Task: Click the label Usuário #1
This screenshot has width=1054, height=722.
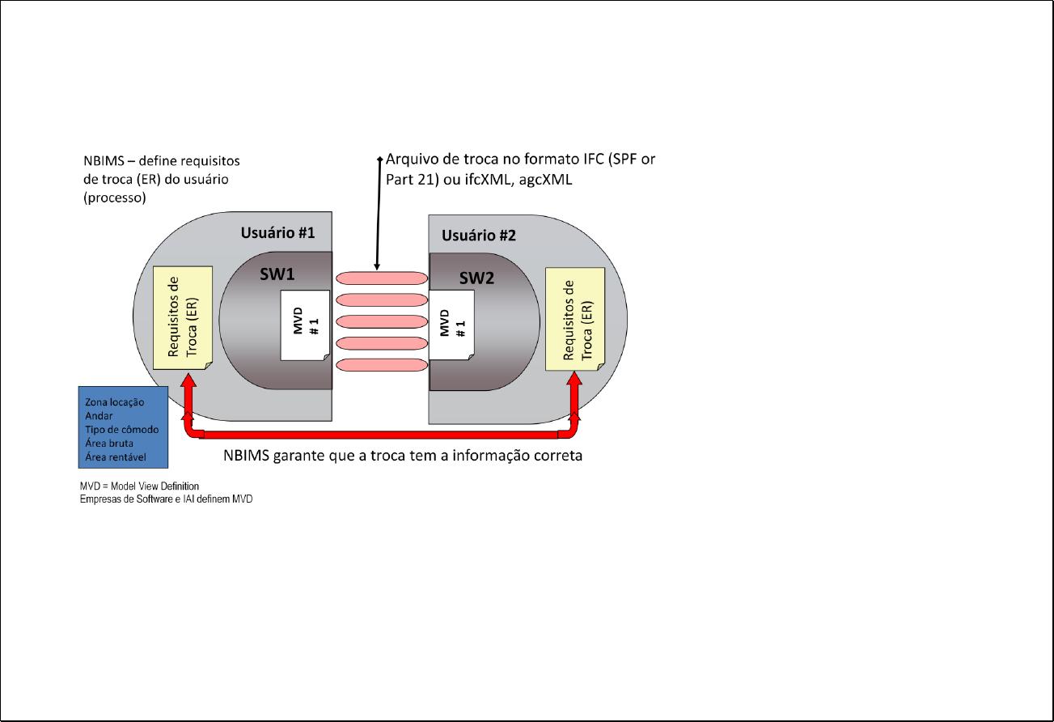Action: [277, 233]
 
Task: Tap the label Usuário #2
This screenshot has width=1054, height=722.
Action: [478, 236]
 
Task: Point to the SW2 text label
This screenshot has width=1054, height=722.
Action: [477, 278]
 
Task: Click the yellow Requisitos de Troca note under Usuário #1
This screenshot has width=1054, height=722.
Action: [183, 317]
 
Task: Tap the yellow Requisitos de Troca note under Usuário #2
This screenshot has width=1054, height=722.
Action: [575, 320]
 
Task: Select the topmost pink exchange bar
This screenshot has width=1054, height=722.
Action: [381, 278]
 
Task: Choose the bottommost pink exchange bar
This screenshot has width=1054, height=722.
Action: [381, 365]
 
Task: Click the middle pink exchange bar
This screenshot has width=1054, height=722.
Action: [381, 321]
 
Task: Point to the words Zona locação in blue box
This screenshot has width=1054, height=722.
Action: [114, 402]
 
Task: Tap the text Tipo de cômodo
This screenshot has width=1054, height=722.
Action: [121, 430]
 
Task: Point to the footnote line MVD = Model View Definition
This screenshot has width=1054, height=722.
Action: [139, 486]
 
